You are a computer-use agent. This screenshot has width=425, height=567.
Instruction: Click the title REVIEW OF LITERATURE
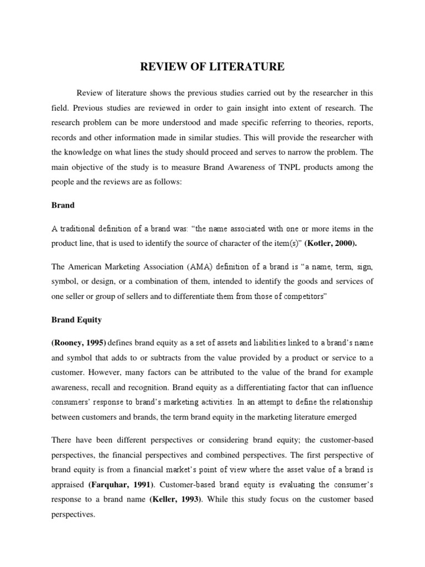click(212, 67)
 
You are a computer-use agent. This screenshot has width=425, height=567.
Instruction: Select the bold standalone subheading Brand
click(63, 205)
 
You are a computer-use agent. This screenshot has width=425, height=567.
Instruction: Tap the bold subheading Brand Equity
click(76, 320)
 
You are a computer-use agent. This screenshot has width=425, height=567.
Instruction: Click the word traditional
click(82, 228)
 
